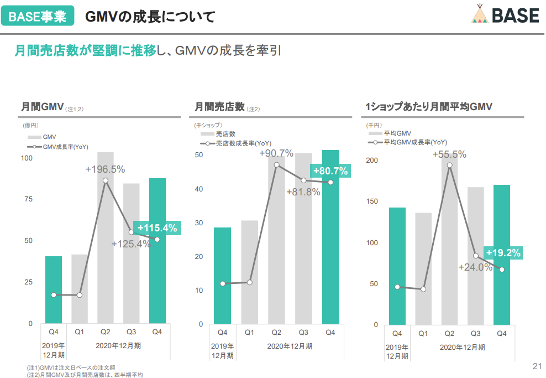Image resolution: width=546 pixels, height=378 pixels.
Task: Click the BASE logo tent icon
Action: tap(480, 14)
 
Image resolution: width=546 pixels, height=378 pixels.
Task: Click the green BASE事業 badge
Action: tap(38, 15)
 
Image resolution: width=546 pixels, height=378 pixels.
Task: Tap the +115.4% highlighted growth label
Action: tap(158, 228)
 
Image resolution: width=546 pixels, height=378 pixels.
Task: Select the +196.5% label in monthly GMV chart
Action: tap(105, 169)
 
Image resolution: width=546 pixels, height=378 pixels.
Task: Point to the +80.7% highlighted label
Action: tap(330, 171)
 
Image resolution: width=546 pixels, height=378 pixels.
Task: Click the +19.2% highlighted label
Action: tap(503, 253)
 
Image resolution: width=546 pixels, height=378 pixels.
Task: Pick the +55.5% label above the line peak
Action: tap(449, 154)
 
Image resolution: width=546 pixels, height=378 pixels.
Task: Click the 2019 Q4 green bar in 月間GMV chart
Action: tap(54, 290)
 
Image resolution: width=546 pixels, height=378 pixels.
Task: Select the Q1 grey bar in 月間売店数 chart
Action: tap(249, 272)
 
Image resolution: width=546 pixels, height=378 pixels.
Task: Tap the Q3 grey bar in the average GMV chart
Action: tap(476, 256)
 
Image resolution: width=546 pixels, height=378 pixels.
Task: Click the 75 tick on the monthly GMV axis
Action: tap(29, 199)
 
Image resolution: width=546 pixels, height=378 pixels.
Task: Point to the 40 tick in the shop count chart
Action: tap(199, 189)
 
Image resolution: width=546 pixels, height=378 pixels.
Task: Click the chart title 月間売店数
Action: tap(220, 107)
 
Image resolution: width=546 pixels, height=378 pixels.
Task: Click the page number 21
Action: tap(537, 366)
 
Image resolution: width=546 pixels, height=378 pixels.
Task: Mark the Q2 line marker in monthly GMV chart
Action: tap(106, 180)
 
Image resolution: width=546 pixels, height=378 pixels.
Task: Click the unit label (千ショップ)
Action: tap(208, 125)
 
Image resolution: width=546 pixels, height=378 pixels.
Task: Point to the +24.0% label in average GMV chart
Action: tap(475, 267)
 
